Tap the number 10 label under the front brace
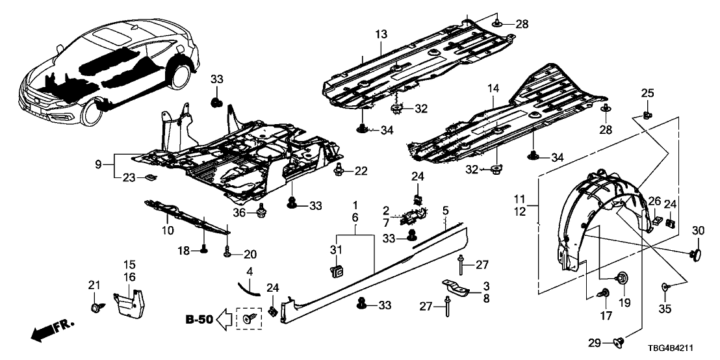pos(167,230)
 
